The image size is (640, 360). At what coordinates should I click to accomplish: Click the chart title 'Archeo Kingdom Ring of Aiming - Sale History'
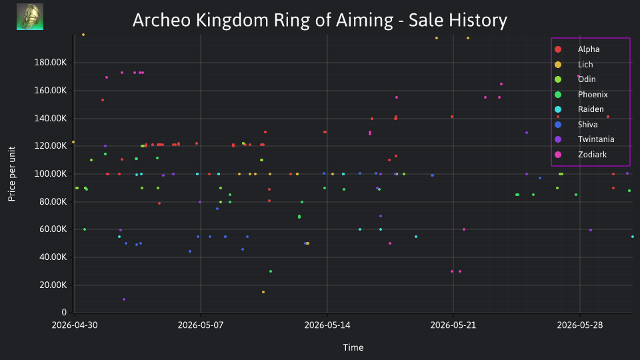click(319, 20)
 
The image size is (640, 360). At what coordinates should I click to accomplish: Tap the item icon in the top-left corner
click(30, 17)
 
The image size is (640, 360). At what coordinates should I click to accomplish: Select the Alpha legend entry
click(577, 49)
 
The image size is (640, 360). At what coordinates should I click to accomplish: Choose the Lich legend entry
click(574, 65)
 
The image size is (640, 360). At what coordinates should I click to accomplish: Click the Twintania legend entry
click(585, 139)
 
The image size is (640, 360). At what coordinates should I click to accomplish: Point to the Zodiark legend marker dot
click(558, 154)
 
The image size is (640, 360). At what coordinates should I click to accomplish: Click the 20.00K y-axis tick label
click(53, 285)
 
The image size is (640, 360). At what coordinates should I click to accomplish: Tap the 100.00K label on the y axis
click(50, 174)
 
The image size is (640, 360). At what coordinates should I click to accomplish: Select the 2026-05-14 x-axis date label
click(327, 325)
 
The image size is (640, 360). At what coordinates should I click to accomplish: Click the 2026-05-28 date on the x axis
click(579, 325)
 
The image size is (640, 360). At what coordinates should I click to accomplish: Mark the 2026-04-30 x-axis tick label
click(75, 325)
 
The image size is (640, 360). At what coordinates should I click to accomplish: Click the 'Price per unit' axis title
click(12, 174)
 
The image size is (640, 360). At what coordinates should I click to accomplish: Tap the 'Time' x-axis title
click(353, 347)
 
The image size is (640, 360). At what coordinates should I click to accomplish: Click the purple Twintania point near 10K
click(124, 299)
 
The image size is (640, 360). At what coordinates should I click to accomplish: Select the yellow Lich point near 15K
click(263, 292)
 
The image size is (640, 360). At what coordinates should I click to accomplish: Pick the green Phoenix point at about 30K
click(271, 271)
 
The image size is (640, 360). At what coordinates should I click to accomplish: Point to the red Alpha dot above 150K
click(103, 100)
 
